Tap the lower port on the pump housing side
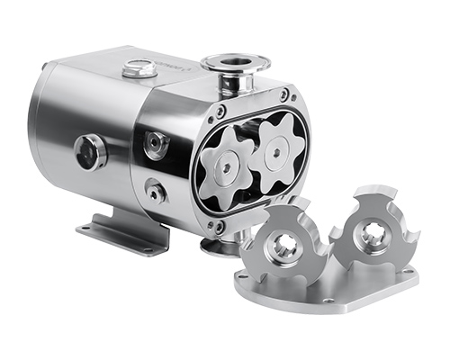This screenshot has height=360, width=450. click(x=157, y=191)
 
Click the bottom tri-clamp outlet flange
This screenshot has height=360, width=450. click(x=220, y=246)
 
